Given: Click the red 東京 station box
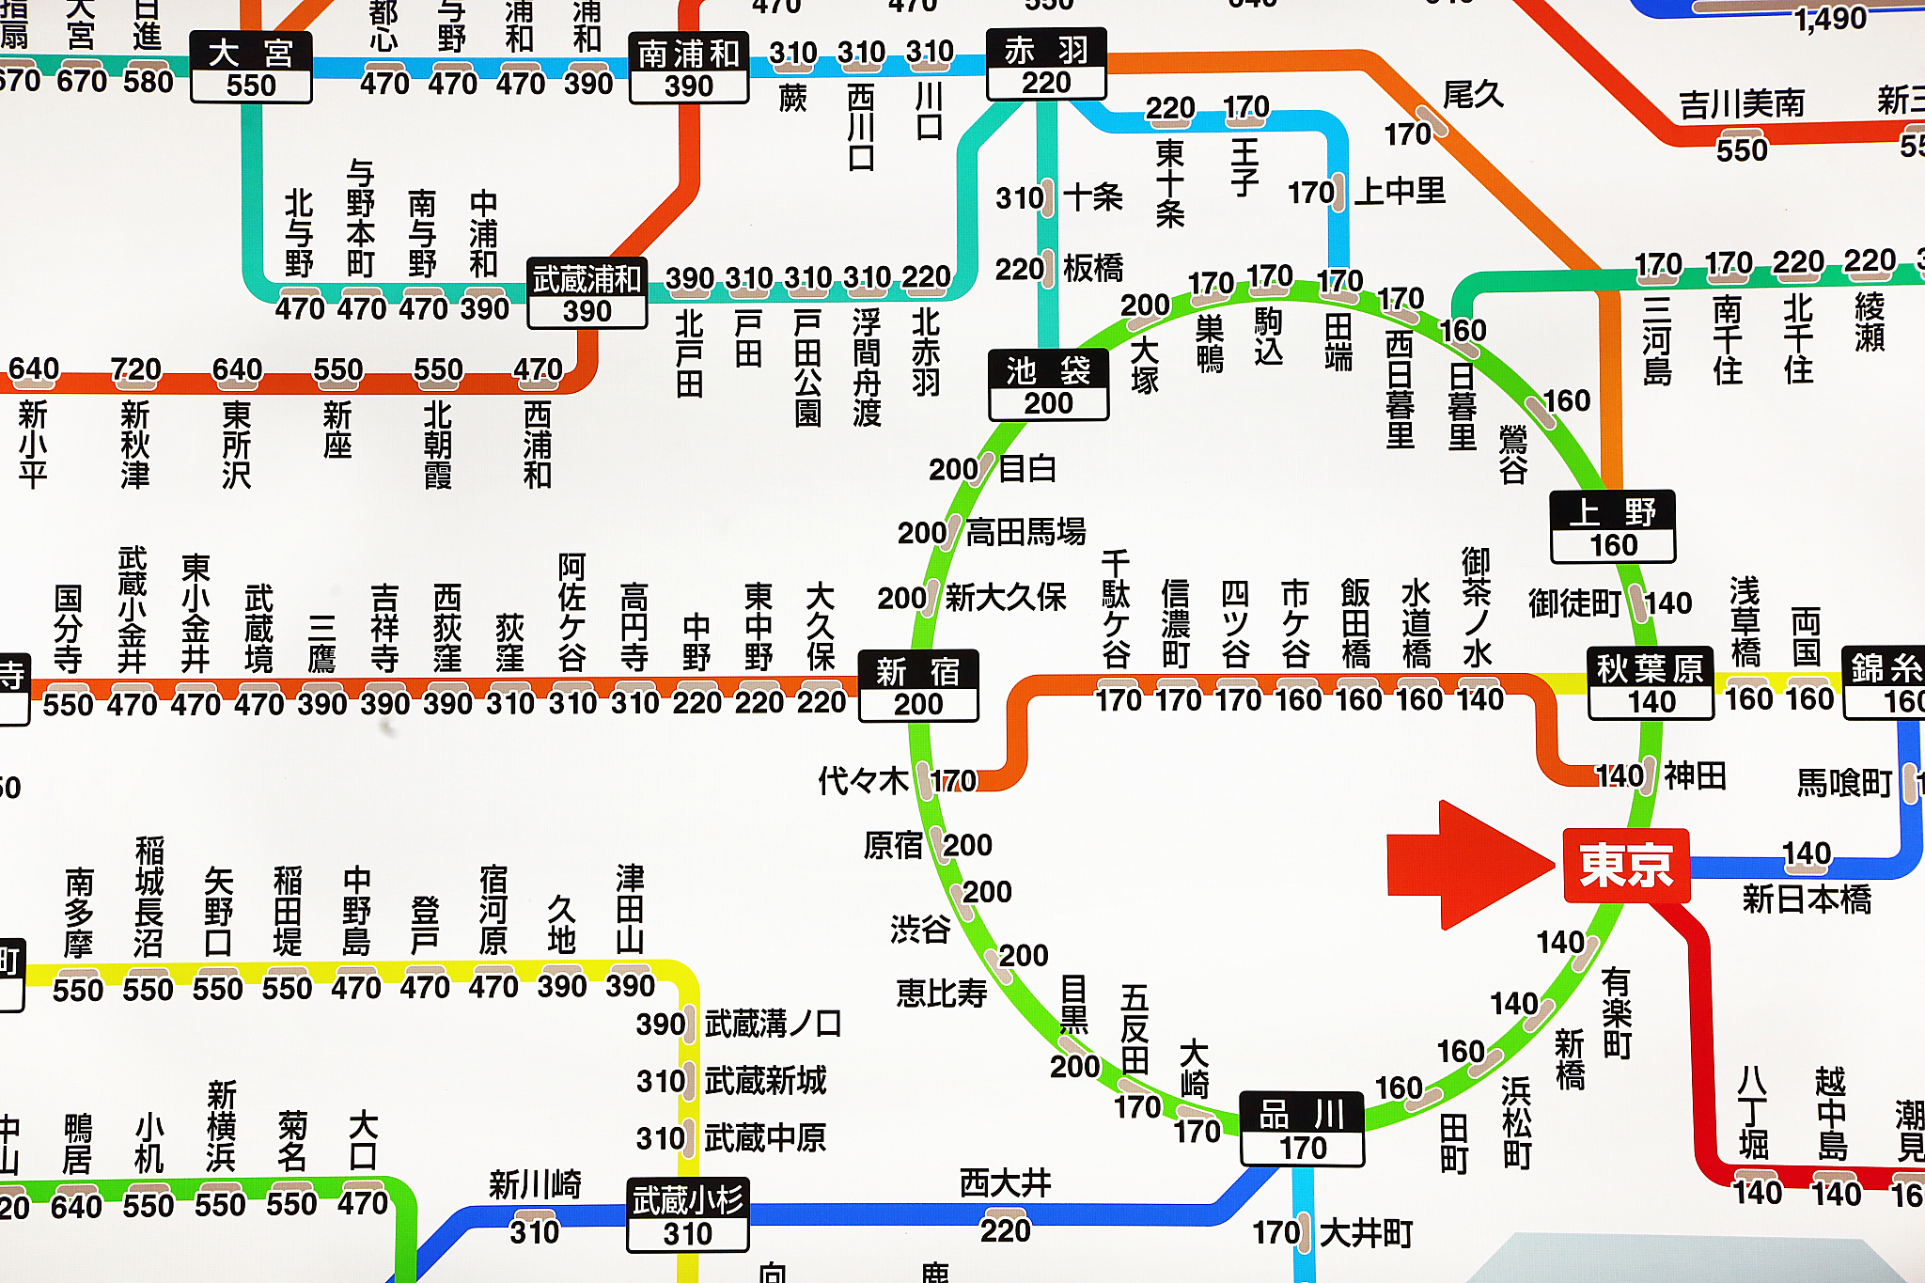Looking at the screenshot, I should [x=1626, y=866].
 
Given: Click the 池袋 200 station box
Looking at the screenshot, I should [x=1048, y=385].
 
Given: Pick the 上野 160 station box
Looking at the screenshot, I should [x=1613, y=527].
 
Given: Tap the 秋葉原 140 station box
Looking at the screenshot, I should [x=1651, y=684].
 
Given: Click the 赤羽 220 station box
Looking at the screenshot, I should [x=1046, y=65].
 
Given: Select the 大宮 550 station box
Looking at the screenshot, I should [x=251, y=68].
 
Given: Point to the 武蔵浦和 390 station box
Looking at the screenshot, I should [x=587, y=293].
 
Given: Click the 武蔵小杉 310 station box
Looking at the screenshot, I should [x=688, y=1215].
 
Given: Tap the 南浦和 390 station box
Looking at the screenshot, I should [x=689, y=69].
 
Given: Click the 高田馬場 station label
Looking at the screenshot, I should [x=1025, y=533].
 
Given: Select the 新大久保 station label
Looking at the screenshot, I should [x=1005, y=597].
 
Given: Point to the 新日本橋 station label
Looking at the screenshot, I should [x=1806, y=899].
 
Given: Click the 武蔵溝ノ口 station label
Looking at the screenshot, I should [x=773, y=1024].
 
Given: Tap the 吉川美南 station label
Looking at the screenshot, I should [x=1742, y=103].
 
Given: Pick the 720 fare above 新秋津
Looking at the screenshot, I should [x=135, y=369].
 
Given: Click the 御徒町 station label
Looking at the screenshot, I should [x=1574, y=603].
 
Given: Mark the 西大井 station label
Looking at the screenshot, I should [x=1005, y=1183].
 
